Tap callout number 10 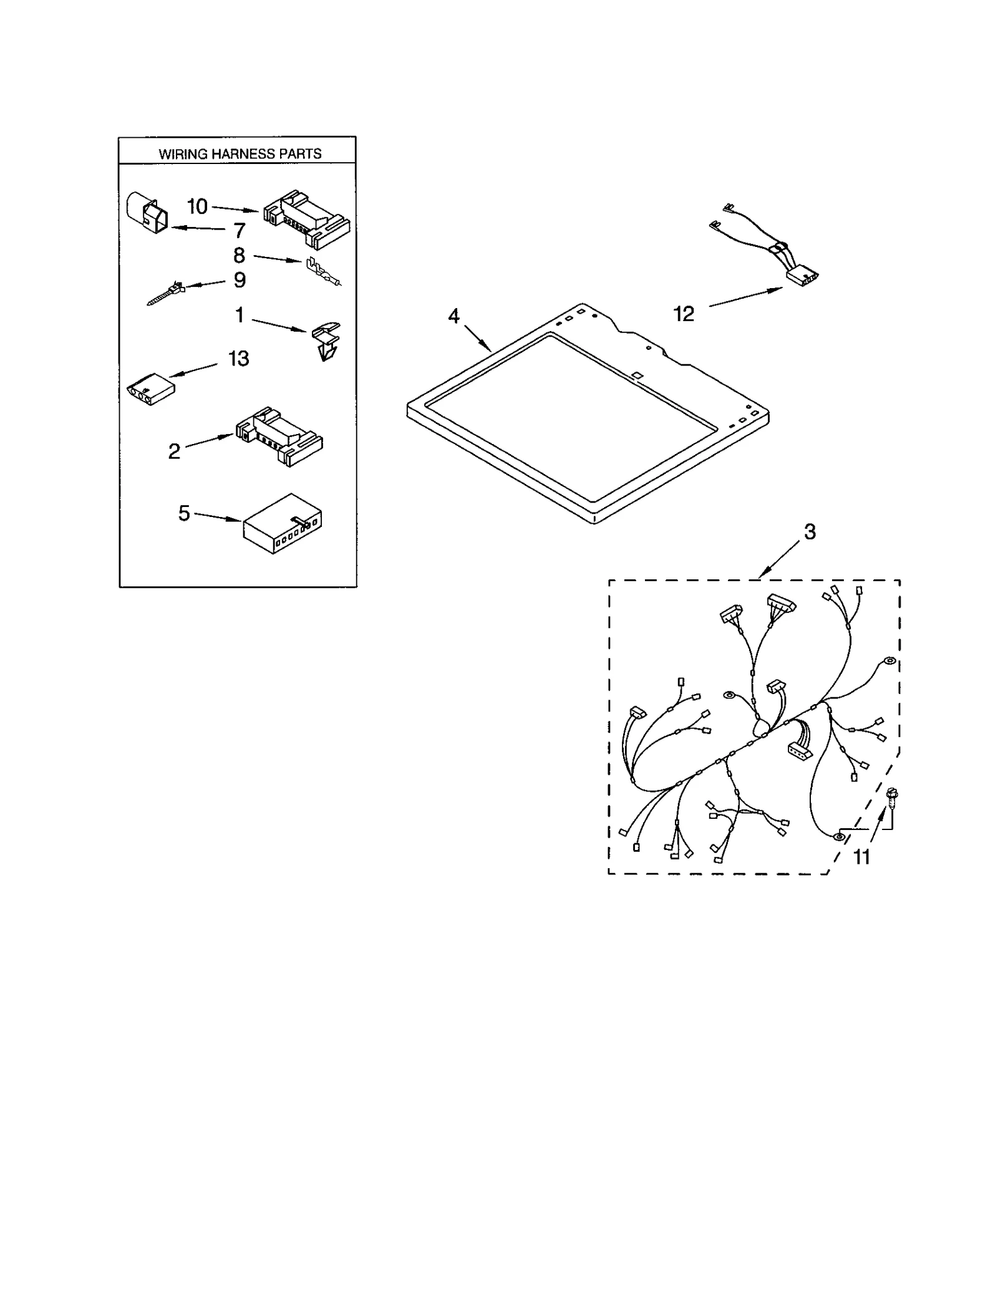click(197, 206)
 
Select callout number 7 click(240, 231)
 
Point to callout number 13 click(238, 358)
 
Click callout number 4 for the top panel click(453, 316)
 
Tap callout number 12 click(684, 314)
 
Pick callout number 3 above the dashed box click(809, 532)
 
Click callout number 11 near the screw click(861, 857)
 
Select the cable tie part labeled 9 click(166, 293)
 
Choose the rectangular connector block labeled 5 click(282, 523)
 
